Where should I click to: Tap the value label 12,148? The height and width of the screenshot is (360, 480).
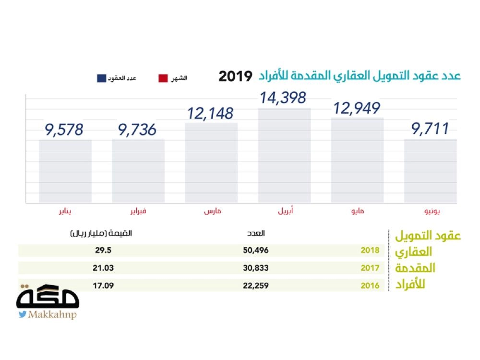[210, 113]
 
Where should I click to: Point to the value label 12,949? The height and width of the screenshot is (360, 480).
[357, 108]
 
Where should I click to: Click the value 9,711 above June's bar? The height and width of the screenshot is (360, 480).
[430, 129]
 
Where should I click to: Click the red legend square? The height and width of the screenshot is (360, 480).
[163, 78]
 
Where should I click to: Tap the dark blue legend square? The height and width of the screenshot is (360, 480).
[101, 78]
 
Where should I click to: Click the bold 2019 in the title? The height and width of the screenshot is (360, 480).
[235, 76]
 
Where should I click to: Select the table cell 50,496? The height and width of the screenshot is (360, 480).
[255, 251]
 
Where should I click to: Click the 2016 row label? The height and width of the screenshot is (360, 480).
[370, 286]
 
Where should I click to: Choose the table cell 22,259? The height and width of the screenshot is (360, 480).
[255, 285]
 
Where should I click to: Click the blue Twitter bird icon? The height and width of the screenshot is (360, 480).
[22, 315]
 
